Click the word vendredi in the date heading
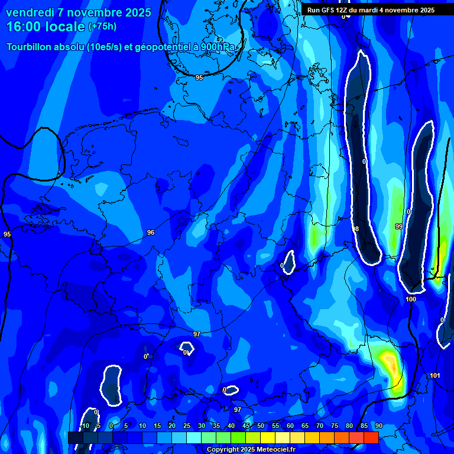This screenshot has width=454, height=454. point(30,13)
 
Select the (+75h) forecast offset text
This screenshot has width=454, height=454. point(102,27)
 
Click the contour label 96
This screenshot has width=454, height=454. point(151,232)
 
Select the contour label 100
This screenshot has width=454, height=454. point(411,299)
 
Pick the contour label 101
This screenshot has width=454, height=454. point(434,375)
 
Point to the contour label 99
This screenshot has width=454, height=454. point(398,226)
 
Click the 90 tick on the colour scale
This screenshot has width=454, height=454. point(378,426)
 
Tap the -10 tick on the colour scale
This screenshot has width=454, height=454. point(85,426)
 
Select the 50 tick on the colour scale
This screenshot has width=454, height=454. point(261,426)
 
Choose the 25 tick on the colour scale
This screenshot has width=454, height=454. point(187,426)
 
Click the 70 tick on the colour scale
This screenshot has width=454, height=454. point(320,426)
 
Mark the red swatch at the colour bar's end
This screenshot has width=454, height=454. point(371,437)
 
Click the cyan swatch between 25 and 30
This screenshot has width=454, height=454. point(194,437)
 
